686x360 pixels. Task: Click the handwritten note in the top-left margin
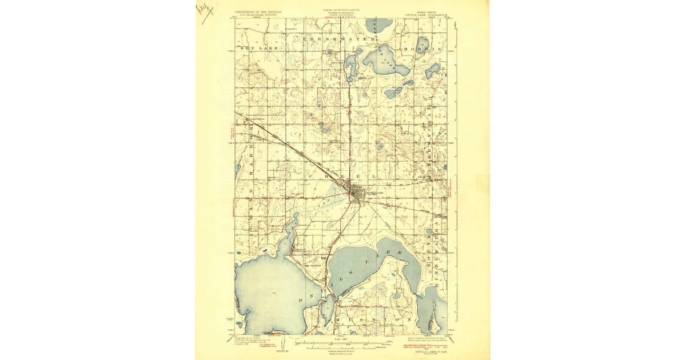204,10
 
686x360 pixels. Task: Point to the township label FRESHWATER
338,38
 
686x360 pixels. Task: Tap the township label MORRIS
422,50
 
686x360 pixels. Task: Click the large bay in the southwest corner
269,297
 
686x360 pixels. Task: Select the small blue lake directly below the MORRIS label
432,71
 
